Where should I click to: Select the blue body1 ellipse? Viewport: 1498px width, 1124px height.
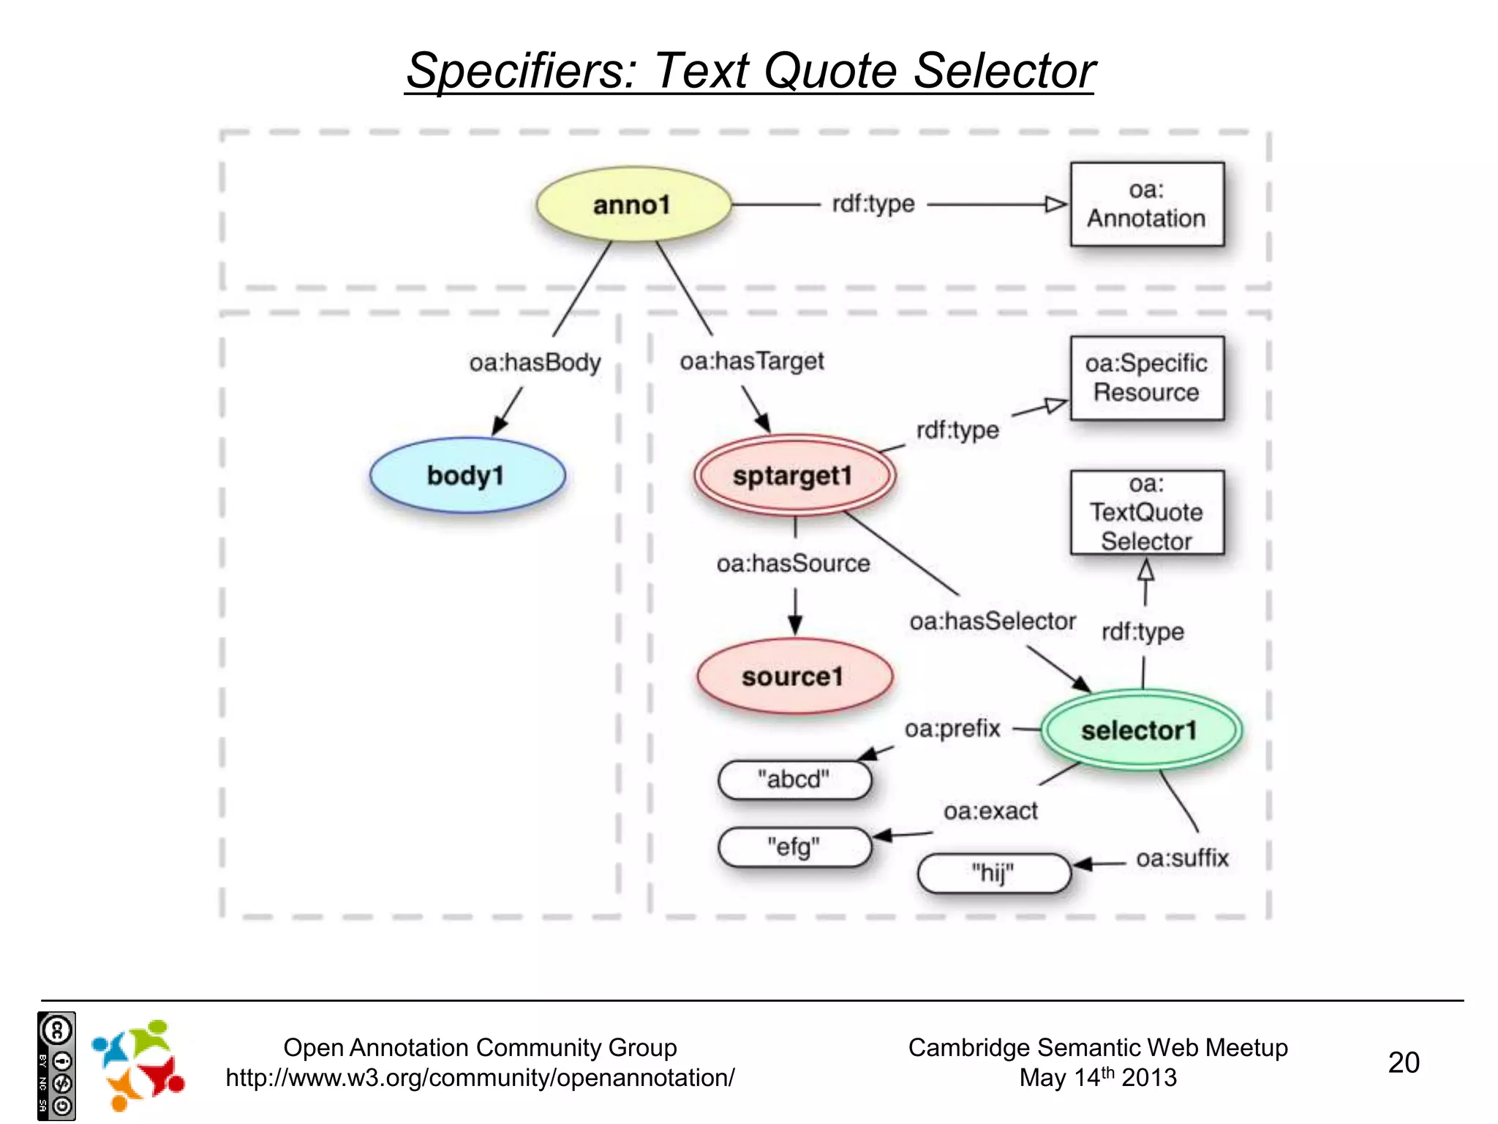(467, 476)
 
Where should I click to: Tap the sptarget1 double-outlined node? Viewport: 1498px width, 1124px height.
(794, 476)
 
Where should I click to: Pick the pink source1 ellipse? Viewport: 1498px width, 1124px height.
(794, 677)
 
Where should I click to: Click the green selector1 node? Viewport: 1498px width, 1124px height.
(1140, 730)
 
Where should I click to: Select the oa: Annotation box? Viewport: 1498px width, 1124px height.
(1146, 204)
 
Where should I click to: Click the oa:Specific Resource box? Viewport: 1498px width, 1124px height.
(1146, 378)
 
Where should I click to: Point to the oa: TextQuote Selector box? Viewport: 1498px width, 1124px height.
(1146, 513)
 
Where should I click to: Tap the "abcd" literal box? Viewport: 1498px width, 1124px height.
(794, 779)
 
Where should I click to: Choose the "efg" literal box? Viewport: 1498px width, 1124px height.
(794, 847)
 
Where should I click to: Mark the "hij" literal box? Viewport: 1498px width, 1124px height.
(993, 874)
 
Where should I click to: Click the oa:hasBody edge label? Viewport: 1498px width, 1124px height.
(535, 362)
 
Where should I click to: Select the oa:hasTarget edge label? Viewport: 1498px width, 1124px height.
(752, 361)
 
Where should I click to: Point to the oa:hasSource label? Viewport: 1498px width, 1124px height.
(794, 563)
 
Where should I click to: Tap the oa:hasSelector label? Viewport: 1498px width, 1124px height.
(993, 621)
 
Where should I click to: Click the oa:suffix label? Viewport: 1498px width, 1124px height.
(1182, 858)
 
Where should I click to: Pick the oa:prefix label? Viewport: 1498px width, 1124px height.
(952, 729)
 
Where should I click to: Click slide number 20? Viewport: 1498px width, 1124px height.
(1404, 1063)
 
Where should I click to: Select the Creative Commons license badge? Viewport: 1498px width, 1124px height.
(56, 1065)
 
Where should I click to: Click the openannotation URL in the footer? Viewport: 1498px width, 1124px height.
(480, 1078)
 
